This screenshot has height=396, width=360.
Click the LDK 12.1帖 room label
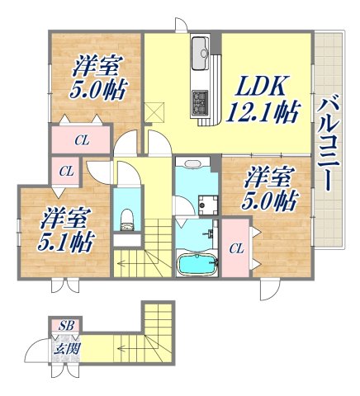point(263,97)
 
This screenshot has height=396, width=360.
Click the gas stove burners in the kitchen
point(201,102)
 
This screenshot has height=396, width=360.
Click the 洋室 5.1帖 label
point(66,231)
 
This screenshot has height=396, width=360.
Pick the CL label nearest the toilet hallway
point(67,172)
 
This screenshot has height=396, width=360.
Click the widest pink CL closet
point(80,140)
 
